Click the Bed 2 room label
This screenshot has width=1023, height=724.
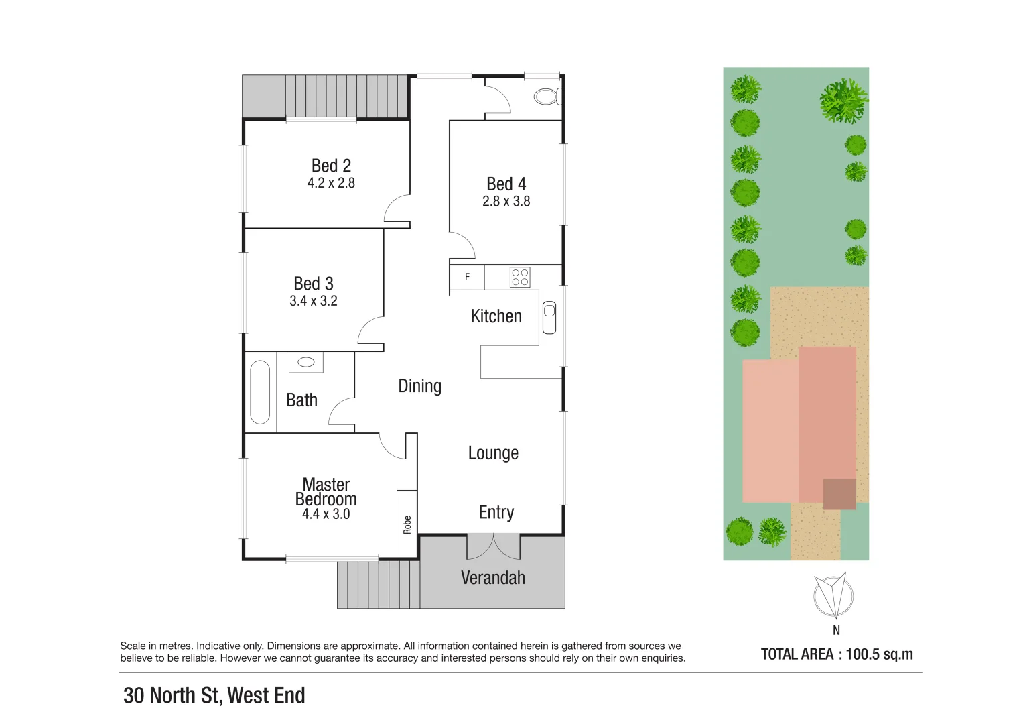331,166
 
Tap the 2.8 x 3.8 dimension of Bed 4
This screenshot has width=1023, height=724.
506,201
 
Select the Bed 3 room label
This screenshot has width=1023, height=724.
313,284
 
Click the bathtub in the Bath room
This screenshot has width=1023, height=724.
260,392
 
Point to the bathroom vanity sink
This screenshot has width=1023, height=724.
306,362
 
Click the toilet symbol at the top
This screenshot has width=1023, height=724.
547,97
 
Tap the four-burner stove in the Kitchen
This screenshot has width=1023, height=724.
520,277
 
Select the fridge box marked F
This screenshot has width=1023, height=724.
467,277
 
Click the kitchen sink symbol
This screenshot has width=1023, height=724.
549,318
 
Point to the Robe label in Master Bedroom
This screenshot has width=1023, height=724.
407,524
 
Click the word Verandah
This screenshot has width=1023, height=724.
492,578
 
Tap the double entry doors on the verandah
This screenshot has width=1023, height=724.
493,546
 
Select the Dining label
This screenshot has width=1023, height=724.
419,386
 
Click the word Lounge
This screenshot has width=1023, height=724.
493,453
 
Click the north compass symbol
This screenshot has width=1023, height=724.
833,595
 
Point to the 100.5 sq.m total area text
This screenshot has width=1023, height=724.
879,654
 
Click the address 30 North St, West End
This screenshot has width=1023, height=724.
214,695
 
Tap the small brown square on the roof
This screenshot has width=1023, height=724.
839,494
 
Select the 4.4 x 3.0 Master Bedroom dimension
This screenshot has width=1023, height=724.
326,514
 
